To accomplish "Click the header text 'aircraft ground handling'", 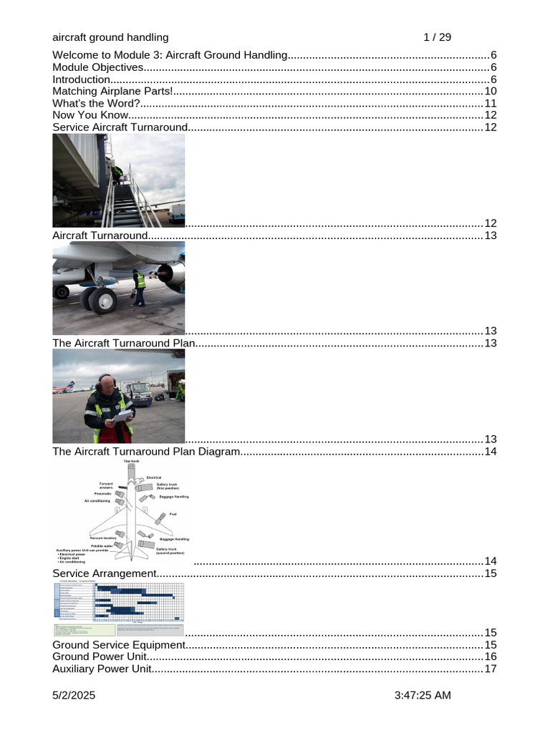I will click(110, 37).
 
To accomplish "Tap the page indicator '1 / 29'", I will click(437, 37).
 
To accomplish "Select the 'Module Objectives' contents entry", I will click(98, 68).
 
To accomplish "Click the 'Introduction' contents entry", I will click(81, 79).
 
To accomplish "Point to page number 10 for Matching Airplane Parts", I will click(491, 92).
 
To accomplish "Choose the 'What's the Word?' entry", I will click(96, 104).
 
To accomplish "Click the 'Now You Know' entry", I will click(90, 115).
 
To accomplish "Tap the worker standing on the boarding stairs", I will click(116, 173).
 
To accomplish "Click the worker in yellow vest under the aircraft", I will click(140, 285).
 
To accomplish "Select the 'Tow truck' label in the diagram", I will click(131, 462).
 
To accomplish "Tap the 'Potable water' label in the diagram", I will click(102, 545).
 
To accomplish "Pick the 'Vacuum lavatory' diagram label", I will click(103, 537).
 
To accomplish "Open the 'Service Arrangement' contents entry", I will click(104, 574).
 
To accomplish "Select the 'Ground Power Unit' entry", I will click(100, 657).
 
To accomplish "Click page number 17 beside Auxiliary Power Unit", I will click(491, 669).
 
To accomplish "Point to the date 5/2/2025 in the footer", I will click(74, 696).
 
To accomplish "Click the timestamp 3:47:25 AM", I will click(423, 696).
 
